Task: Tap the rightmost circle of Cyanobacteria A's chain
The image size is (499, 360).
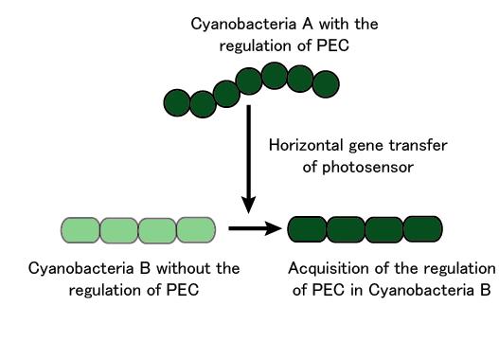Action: point(325,84)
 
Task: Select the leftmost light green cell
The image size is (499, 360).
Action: point(80,229)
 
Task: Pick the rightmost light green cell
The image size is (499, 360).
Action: point(197,229)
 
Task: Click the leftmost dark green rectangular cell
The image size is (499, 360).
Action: point(307,229)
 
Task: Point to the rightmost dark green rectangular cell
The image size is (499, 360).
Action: point(423,229)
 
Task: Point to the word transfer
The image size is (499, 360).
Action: point(418,146)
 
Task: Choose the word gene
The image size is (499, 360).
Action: point(368,146)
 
